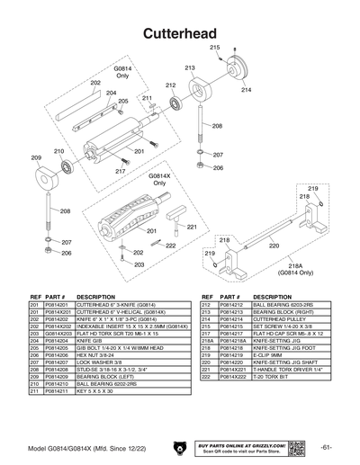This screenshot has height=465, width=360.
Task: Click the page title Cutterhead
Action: point(179,32)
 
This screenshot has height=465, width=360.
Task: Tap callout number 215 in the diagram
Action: point(215,47)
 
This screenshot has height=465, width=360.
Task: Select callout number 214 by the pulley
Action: point(246,91)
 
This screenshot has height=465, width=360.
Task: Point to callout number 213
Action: point(190,68)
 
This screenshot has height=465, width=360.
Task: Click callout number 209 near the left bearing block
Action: point(37,157)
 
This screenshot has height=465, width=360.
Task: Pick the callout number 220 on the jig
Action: point(274,244)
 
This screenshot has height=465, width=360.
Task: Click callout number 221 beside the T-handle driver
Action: point(192,229)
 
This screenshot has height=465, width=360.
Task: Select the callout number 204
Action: point(111,93)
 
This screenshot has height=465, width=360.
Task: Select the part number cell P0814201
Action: point(57,305)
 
